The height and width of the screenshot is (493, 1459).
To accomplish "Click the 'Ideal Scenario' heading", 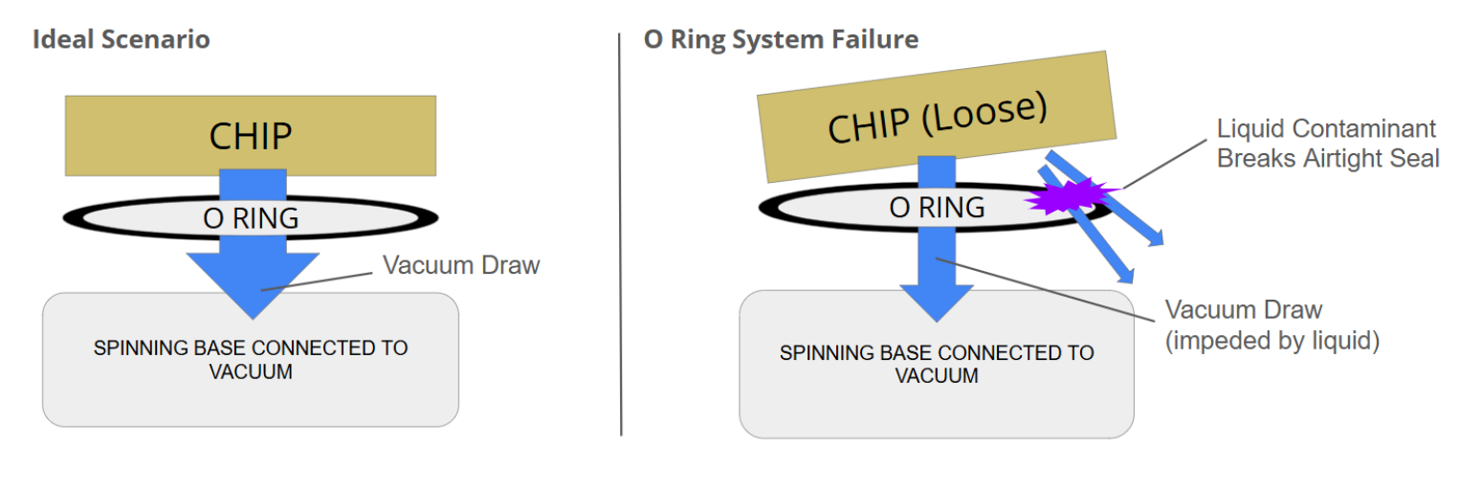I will click(x=122, y=40).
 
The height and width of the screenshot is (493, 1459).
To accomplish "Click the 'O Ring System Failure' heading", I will click(x=781, y=40).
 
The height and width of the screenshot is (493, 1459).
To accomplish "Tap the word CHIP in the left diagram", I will click(x=251, y=136).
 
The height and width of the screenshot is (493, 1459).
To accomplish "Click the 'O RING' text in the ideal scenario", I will click(x=251, y=218).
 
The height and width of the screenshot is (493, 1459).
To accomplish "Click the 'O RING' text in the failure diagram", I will click(x=937, y=207).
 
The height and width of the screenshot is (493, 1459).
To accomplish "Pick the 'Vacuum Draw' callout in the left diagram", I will click(x=461, y=265).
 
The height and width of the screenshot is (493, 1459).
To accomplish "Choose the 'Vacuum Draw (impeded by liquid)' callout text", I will click(x=1271, y=325).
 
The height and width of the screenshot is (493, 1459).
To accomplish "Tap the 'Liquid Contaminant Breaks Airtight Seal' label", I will click(x=1327, y=144).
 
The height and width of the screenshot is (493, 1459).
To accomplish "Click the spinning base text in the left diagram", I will click(x=251, y=359).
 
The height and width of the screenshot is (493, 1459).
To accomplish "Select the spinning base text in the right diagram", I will click(x=937, y=364).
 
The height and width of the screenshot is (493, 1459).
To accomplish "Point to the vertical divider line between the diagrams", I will click(x=621, y=239).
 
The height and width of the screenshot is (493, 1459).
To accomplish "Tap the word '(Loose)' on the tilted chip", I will click(x=992, y=111).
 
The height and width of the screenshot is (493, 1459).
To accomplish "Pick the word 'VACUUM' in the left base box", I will click(x=251, y=371).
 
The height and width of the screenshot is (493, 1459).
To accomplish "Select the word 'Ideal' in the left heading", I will click(x=56, y=40).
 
